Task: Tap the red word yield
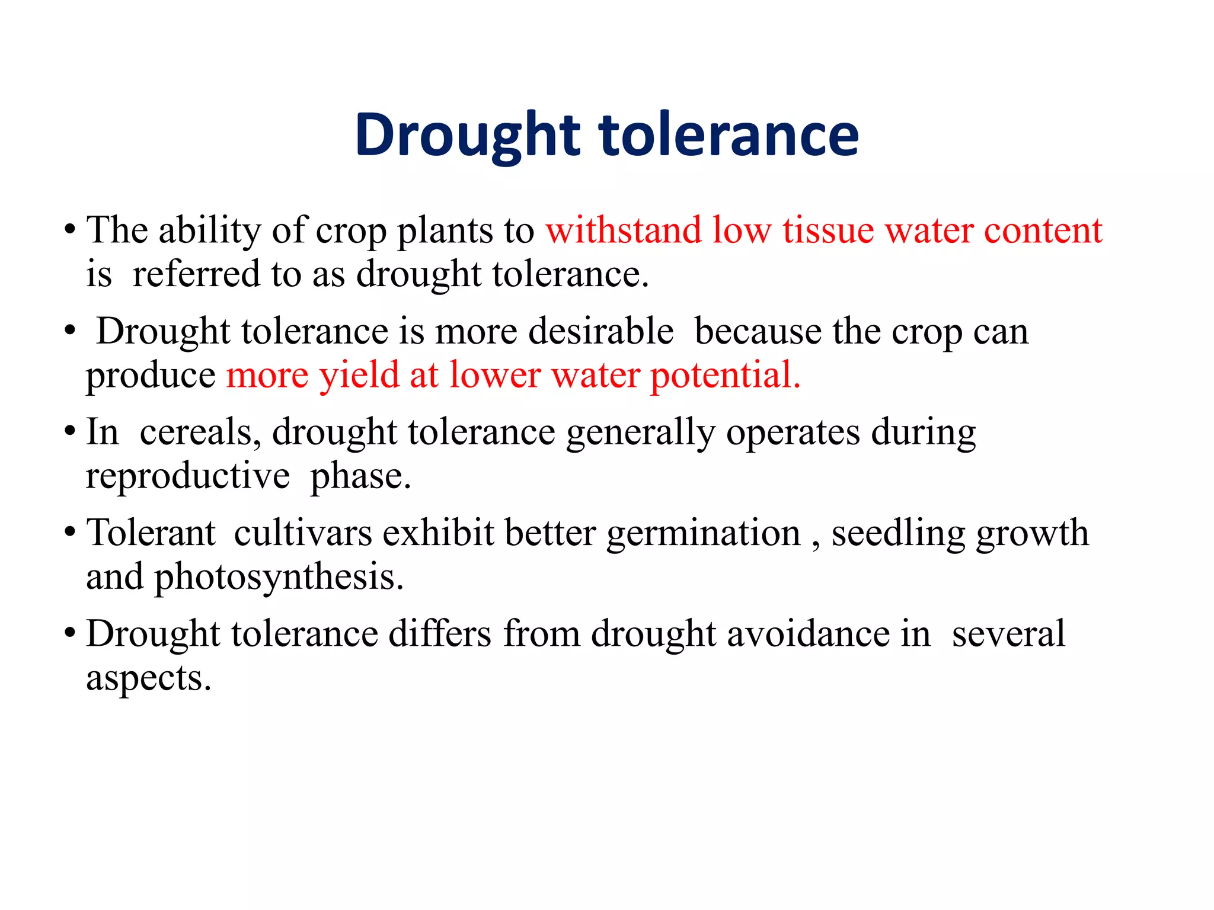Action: click(359, 376)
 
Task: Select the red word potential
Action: click(726, 376)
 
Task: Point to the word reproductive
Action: click(188, 476)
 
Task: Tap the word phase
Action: click(360, 476)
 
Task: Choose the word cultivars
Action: click(302, 533)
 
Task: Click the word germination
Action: click(704, 533)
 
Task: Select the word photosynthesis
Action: click(279, 577)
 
